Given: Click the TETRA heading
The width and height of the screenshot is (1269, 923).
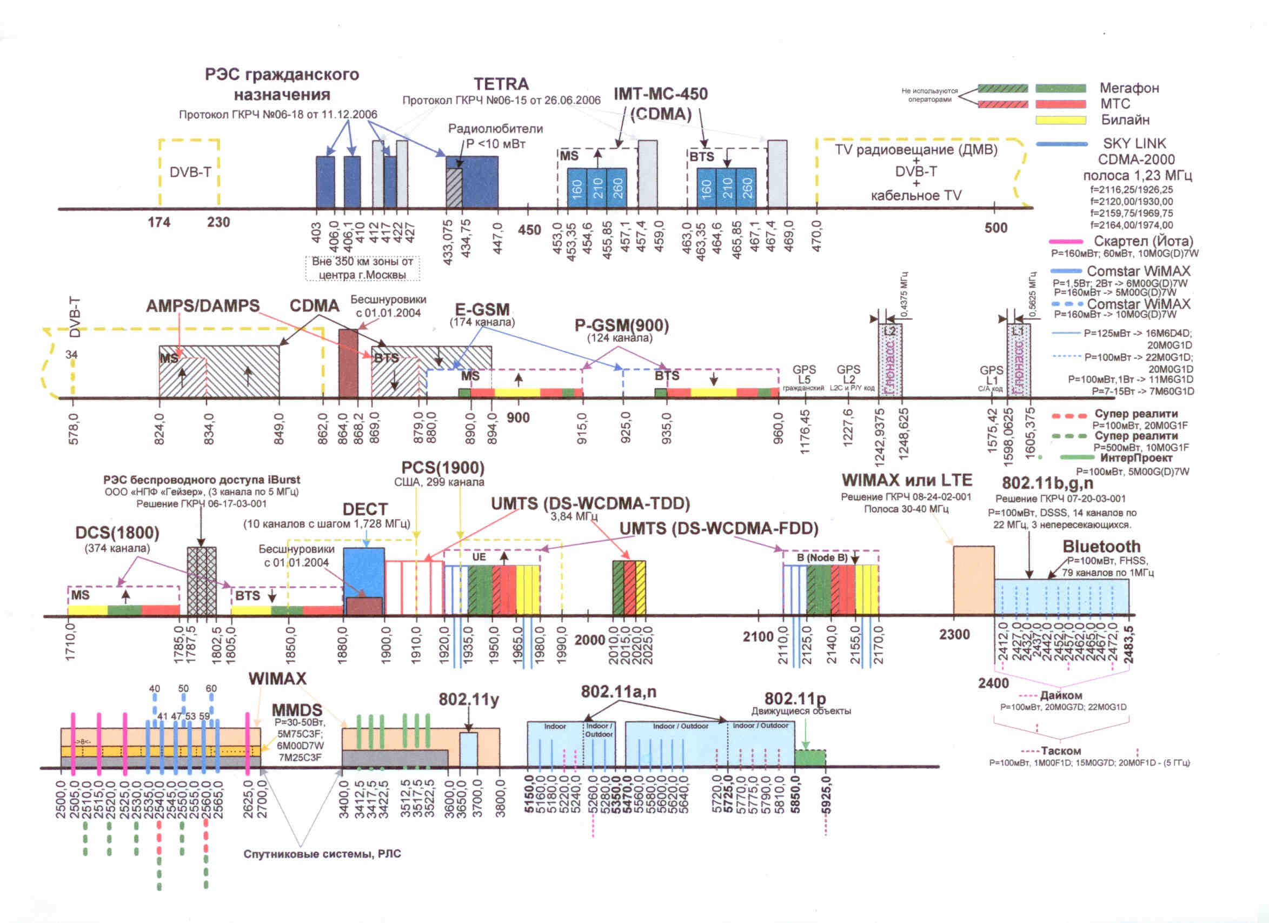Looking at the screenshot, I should (501, 84).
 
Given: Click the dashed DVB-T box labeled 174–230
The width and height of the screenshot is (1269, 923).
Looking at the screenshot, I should (189, 172).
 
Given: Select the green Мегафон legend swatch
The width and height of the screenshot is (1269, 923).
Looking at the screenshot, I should (1060, 88).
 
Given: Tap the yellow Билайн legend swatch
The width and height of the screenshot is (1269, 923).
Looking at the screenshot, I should (1060, 119).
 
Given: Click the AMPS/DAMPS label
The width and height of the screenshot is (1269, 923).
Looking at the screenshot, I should (203, 306).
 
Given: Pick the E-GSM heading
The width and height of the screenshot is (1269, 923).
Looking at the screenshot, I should (482, 309).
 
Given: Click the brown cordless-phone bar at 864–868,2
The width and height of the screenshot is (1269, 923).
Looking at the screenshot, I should (348, 363).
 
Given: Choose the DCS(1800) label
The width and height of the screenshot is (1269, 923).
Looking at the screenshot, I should (117, 533).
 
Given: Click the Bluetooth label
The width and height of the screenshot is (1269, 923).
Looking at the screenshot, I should (1101, 547).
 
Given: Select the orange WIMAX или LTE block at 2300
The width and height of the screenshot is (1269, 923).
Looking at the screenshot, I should (974, 580).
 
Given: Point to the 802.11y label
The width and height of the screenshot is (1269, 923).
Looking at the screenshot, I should (468, 699).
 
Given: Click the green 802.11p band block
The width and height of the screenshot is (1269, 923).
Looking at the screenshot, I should (809, 758).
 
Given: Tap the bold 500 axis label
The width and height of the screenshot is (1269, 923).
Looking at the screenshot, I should (996, 228).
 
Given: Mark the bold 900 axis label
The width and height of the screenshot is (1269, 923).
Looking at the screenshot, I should (518, 418).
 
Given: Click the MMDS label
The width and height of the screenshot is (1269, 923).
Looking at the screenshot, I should (296, 710).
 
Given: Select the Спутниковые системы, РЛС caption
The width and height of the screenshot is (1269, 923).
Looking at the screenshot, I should (322, 854).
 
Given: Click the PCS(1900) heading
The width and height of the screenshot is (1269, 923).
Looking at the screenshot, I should (443, 468).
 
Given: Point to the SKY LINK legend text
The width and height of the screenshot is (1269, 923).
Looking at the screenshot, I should (1134, 144).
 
